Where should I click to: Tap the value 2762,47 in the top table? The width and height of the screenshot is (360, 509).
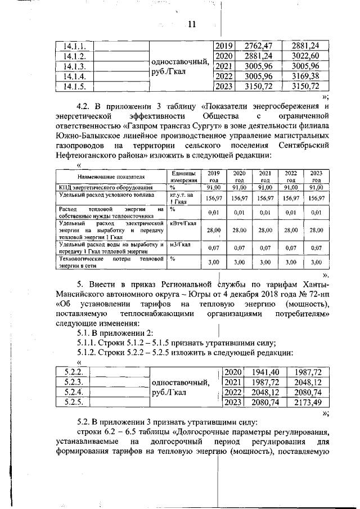(x=260, y=46)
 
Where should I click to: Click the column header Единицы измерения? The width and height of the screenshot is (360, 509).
(x=183, y=176)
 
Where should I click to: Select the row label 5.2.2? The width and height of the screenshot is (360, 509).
(x=74, y=372)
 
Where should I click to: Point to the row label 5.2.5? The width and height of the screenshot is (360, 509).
(x=74, y=402)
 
